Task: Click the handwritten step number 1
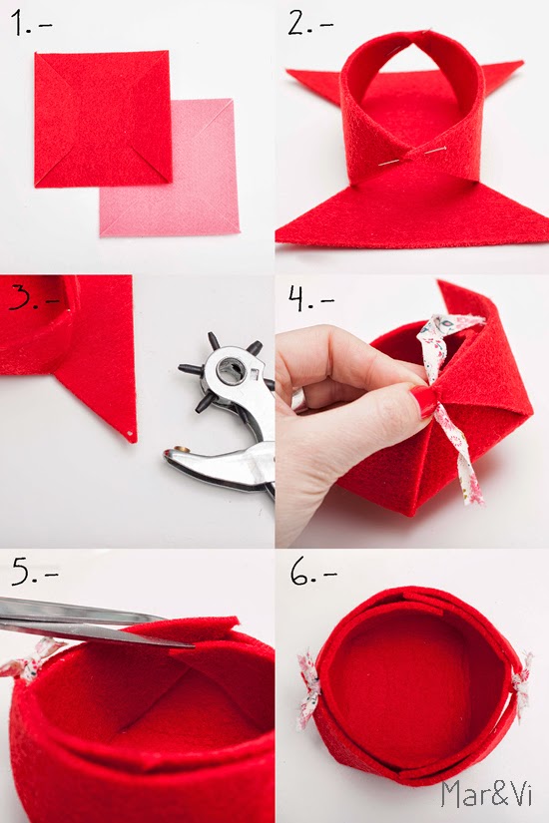point(19,24)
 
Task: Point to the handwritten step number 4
point(297,299)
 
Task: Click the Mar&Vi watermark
point(486,794)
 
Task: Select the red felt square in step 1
point(103,119)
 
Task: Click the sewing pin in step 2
point(412,157)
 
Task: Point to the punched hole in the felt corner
point(130,434)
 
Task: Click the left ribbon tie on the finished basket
point(307,688)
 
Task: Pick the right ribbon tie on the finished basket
point(522,685)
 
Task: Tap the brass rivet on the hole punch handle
point(182,449)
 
